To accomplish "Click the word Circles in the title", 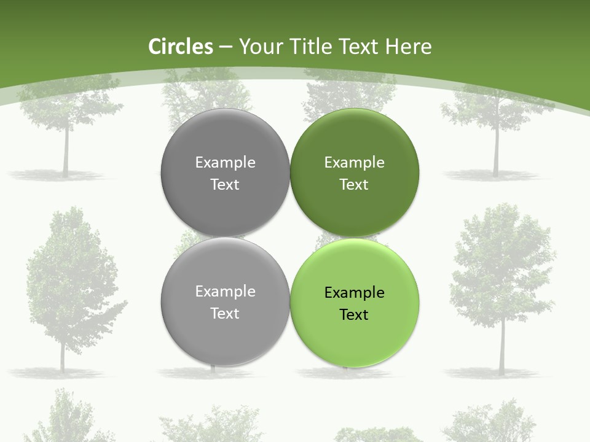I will tap(181, 47).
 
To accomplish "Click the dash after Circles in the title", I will tap(226, 47).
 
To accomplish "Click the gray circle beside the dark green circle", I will tap(225, 173).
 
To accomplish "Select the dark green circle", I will tap(354, 173).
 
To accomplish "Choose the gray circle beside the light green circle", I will tap(225, 301).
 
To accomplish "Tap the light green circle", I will tap(354, 301).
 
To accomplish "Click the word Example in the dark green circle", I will tap(354, 162).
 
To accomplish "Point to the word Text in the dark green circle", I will tap(354, 184).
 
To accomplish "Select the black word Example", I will tap(354, 292).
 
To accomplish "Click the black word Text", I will tap(354, 314).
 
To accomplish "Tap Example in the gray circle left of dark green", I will tap(225, 162).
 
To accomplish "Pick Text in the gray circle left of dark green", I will tap(225, 184).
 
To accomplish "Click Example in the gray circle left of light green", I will tap(225, 291).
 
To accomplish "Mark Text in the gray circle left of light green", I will tap(225, 313).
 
